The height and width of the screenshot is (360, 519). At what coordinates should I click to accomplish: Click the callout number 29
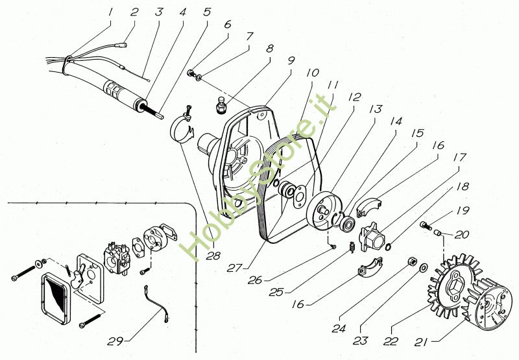coord(115,341)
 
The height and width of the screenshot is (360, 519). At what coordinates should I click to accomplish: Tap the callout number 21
coord(421,342)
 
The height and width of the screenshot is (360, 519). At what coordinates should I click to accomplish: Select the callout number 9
coord(291,60)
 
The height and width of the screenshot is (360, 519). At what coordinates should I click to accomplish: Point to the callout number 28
coord(213,256)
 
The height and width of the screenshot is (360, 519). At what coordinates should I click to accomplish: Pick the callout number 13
coord(376,109)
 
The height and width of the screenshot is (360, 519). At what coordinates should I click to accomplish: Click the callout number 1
coord(110,12)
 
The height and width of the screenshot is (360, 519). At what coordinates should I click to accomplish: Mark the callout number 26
coord(255,280)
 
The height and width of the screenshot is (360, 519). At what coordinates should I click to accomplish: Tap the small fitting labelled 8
coord(220,105)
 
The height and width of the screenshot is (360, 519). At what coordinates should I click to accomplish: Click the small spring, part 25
coord(352,247)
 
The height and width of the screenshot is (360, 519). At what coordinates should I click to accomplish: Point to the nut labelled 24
coord(411,261)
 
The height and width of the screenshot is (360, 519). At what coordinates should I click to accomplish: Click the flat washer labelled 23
coord(423,268)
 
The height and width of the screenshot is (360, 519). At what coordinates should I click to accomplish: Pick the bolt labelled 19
coord(426,226)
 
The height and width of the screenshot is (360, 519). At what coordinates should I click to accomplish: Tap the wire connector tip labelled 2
coord(123,44)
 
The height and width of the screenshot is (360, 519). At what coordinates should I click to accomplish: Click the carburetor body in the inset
coord(115,258)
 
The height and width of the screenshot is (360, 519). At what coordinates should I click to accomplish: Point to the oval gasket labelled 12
coord(300,197)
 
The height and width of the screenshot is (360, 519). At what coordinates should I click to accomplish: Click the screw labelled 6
coord(191,73)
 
